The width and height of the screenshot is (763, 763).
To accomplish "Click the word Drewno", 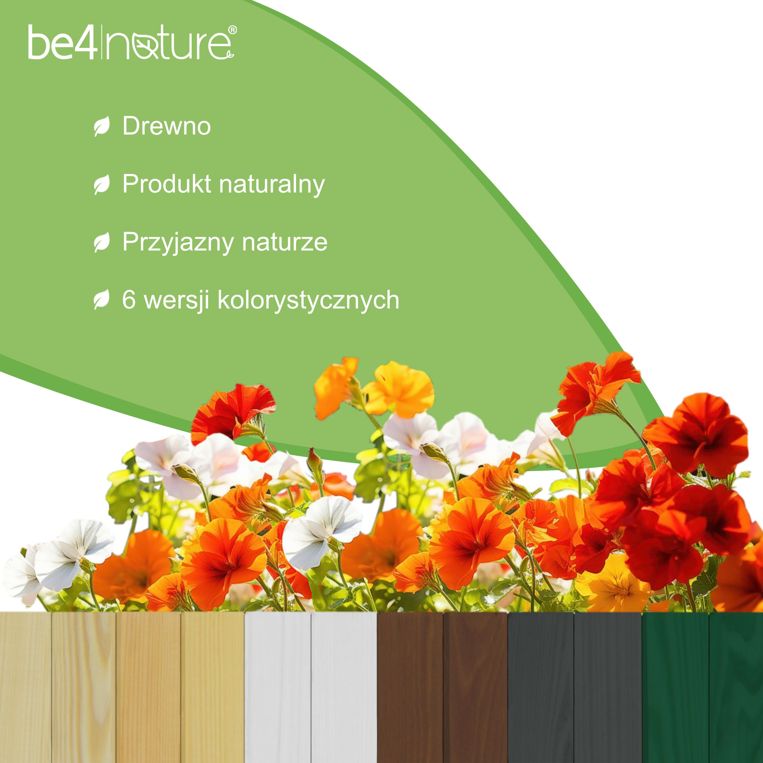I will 166,126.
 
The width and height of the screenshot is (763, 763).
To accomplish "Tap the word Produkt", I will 167,184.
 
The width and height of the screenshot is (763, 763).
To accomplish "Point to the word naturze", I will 285,242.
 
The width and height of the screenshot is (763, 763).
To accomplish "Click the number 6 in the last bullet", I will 129,300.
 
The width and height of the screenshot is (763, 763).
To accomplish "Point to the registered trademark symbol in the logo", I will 233,30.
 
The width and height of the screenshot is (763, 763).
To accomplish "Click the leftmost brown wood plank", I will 410,687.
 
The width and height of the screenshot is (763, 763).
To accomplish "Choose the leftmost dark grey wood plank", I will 540,687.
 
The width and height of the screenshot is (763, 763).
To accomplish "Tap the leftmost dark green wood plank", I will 675,687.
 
